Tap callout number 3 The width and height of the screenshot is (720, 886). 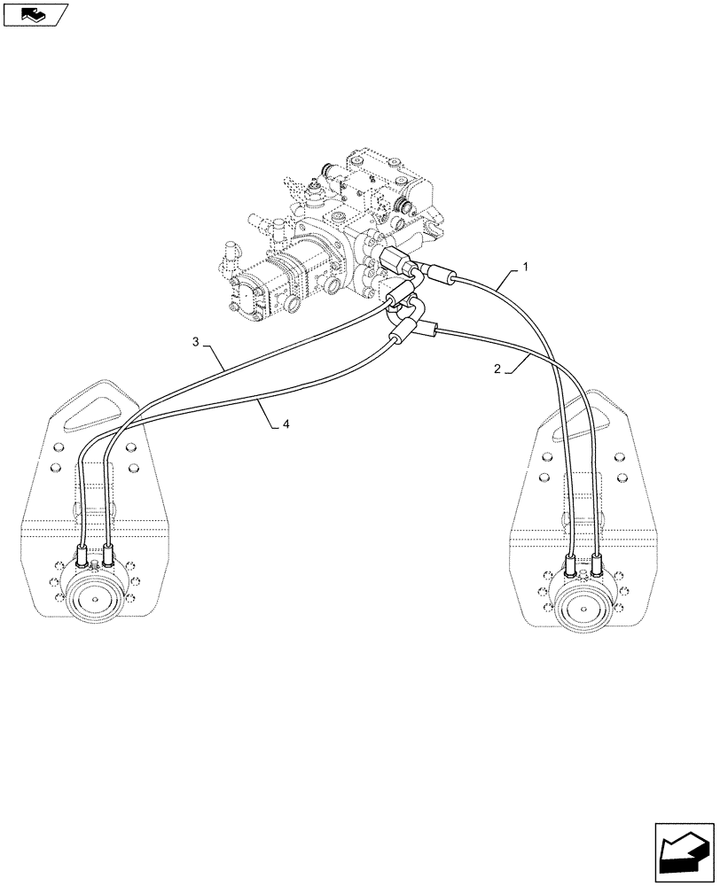click(x=195, y=341)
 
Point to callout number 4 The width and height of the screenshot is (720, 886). click(x=286, y=425)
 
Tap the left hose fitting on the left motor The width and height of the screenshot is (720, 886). click(x=82, y=557)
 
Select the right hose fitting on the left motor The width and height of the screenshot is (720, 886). click(x=108, y=555)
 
